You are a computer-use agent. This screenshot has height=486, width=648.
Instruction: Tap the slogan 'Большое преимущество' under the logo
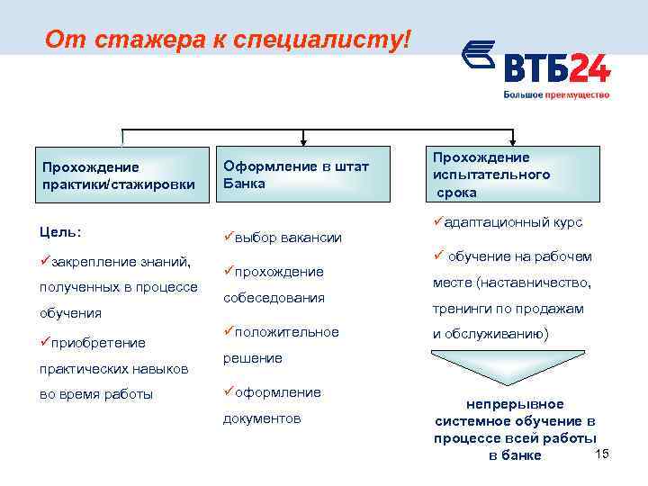coord(555,94)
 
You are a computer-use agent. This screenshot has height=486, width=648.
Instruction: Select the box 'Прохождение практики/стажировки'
coord(118,175)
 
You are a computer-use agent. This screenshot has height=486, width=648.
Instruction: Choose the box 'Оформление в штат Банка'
coord(302,175)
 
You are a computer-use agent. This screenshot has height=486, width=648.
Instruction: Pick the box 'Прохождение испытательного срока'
coord(514,175)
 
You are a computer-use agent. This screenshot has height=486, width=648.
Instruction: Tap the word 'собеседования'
coord(274,297)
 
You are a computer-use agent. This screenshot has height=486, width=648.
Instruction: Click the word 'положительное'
coord(287,332)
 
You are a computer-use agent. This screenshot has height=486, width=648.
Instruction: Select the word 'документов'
coord(262,418)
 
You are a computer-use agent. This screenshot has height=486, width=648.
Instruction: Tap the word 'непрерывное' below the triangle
coord(514,404)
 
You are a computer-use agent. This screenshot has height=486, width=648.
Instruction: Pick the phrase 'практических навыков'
coord(112,368)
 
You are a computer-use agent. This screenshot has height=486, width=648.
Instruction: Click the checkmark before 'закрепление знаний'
coord(46,261)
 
